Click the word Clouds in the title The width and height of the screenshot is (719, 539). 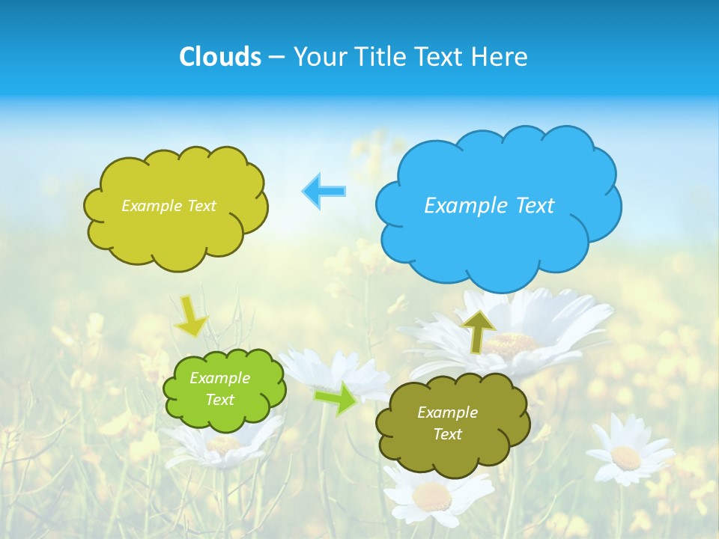click(220, 57)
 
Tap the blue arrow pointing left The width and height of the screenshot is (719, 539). click(324, 191)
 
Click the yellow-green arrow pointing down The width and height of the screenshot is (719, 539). click(190, 316)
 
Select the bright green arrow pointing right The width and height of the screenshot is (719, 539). click(336, 398)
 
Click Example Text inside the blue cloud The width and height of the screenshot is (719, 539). click(489, 205)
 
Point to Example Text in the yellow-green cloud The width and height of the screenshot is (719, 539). click(169, 206)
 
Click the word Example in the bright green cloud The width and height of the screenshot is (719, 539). click(219, 378)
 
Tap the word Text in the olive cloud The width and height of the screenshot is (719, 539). click(447, 434)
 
